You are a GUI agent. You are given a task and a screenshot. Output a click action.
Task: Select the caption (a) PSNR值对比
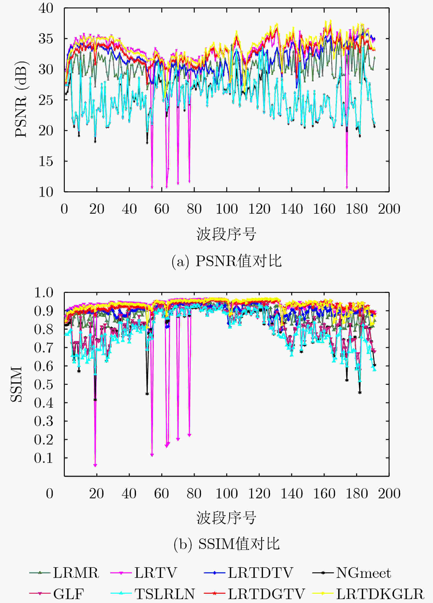226,261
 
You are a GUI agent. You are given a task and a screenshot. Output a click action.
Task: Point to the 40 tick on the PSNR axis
46,8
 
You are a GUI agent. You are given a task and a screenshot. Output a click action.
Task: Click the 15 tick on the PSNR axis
46,161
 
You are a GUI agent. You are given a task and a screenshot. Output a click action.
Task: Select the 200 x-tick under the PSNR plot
389,209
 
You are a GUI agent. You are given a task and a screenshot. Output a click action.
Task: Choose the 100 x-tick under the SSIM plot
226,494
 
